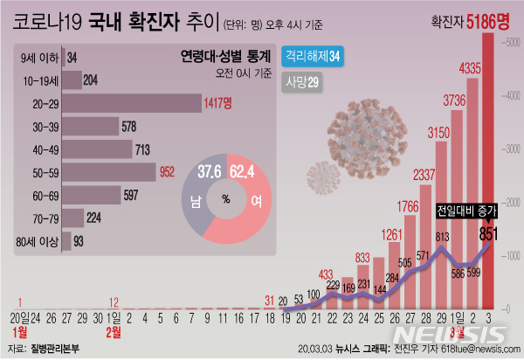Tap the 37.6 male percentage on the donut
(209, 170)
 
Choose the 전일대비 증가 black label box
(471, 211)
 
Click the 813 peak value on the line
(445, 237)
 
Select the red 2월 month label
(114, 333)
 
